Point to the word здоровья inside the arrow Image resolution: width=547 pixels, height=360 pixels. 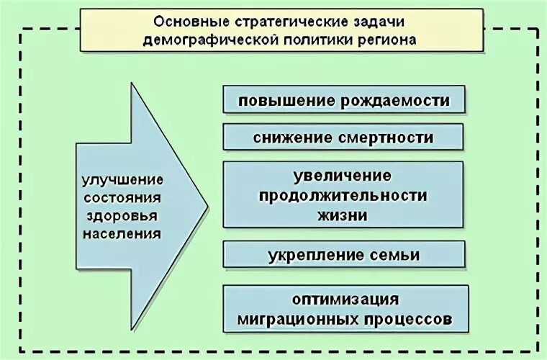click(x=122, y=215)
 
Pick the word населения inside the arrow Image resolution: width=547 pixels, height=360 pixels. click(x=122, y=233)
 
